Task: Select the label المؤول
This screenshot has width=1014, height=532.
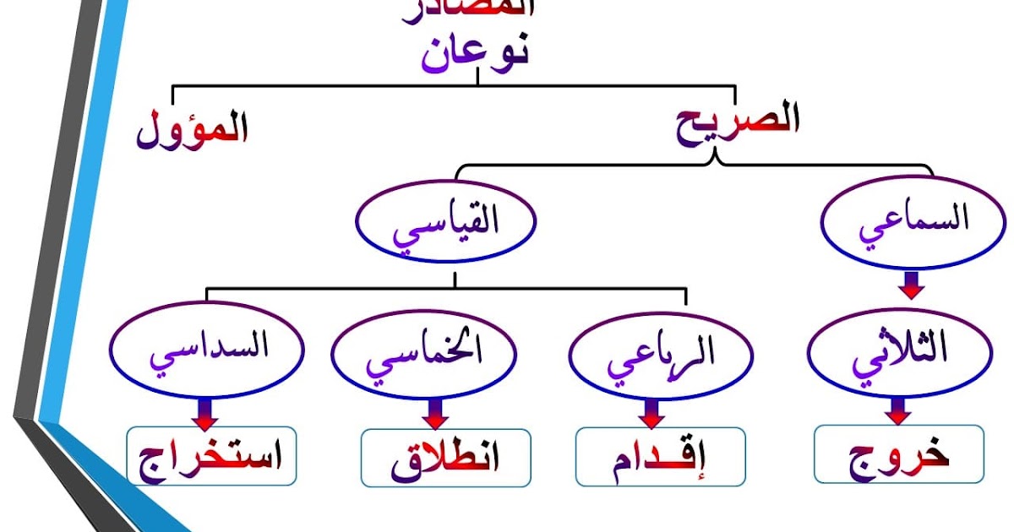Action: (193, 129)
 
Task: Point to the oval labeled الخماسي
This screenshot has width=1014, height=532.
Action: (424, 356)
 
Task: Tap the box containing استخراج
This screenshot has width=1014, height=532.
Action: (211, 457)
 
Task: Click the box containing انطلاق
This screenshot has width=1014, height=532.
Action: (445, 457)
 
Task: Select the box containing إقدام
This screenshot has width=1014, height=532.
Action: (660, 457)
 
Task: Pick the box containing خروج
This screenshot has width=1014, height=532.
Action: (899, 454)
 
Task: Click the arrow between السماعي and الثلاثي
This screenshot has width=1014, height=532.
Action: (909, 285)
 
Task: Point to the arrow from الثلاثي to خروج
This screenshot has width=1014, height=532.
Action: (898, 411)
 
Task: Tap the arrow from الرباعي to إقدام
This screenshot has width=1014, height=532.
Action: (651, 414)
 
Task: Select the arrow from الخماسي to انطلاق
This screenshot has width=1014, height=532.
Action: (435, 414)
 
